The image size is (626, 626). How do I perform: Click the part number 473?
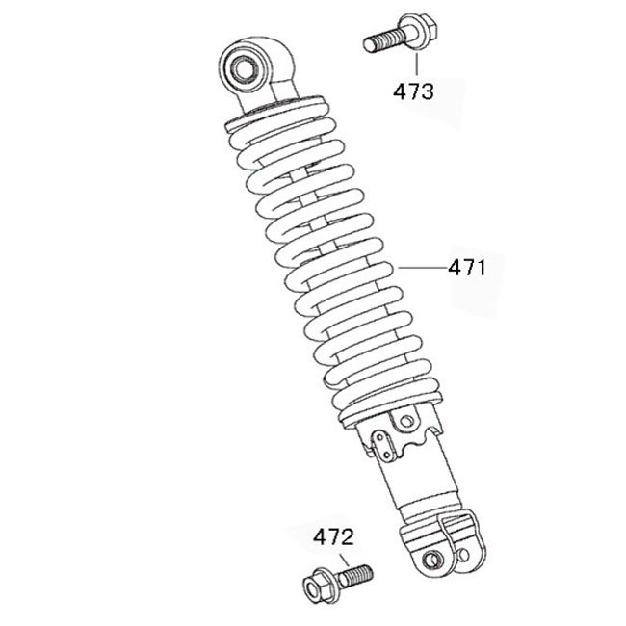coord(413,91)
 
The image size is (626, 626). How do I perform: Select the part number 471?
coord(467,268)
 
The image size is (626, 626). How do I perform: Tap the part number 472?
coord(333,537)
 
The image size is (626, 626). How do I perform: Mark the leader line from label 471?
coord(423,268)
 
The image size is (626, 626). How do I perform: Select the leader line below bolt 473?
coord(417,65)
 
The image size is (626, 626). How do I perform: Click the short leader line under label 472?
coord(344,561)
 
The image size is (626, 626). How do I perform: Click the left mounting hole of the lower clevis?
coord(432,560)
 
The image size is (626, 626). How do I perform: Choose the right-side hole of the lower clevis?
coord(464,554)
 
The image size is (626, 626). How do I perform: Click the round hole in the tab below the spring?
coord(406,421)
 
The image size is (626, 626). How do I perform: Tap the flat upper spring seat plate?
coord(275,114)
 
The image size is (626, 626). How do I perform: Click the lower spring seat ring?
coord(390,408)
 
